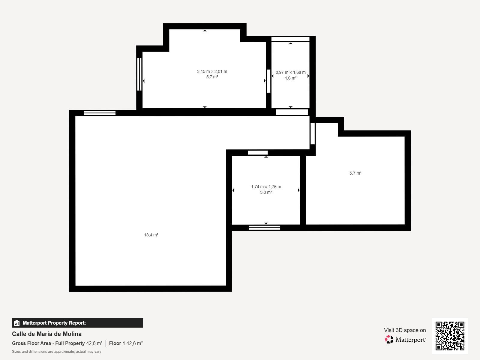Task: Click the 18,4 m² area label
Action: click(151, 235)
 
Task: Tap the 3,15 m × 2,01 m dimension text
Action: click(212, 71)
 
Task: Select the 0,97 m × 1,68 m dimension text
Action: click(291, 72)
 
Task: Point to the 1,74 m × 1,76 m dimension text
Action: click(266, 187)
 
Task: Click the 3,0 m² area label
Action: click(266, 192)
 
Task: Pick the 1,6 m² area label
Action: click(291, 78)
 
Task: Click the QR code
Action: click(450, 336)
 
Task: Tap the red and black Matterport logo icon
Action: click(389, 340)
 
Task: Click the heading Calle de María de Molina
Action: click(47, 334)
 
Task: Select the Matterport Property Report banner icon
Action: click(17, 323)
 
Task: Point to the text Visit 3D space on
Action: click(405, 330)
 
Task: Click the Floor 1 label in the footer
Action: click(117, 343)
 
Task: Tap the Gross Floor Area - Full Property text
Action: click(48, 343)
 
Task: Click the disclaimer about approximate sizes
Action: click(57, 352)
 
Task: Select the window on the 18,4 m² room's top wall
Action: click(100, 113)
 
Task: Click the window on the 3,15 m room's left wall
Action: click(139, 74)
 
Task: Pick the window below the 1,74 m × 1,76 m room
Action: click(264, 228)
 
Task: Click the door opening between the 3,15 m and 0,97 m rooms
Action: click(269, 81)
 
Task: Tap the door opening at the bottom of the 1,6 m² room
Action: click(292, 112)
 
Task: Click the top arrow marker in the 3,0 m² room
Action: click(266, 157)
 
